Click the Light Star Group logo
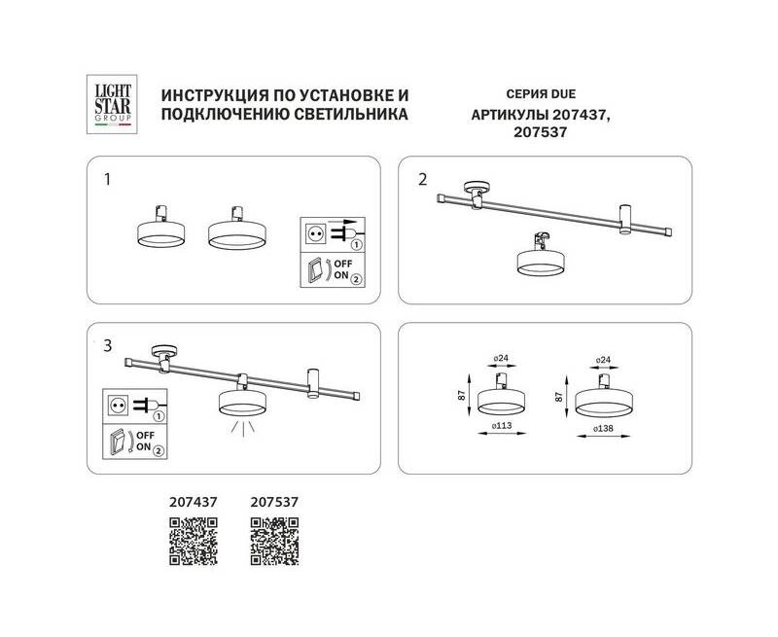112,104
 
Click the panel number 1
107,179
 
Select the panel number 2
422,179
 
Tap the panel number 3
108,346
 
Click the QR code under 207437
194,542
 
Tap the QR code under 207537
274,542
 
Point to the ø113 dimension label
502,425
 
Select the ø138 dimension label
604,428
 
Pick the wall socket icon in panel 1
314,232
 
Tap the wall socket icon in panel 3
118,406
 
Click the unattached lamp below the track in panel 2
541,255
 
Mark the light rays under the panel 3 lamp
243,427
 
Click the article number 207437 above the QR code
193,502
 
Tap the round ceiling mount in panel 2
477,187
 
